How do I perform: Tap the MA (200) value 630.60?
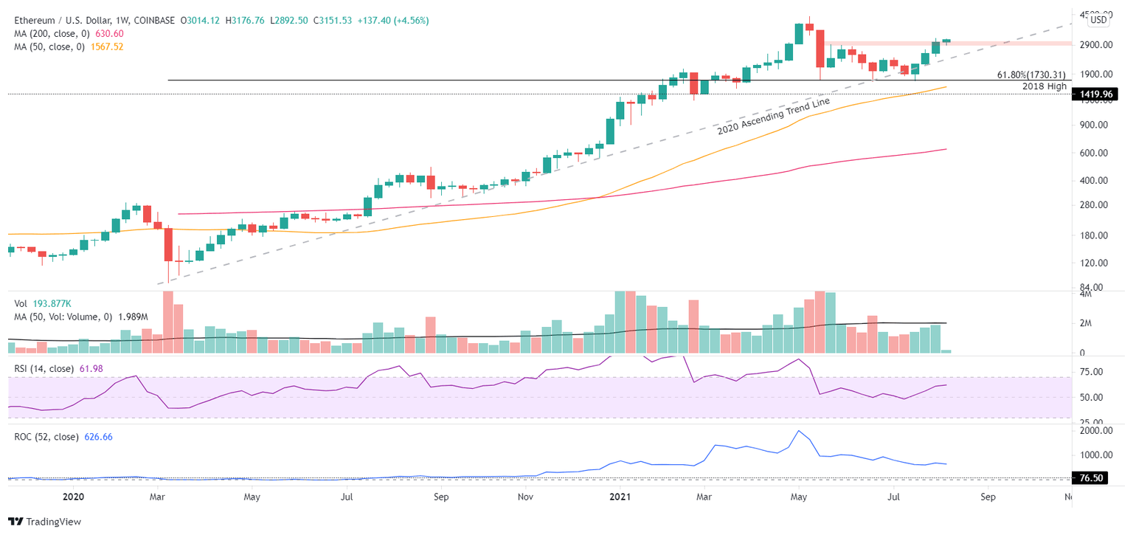coord(108,33)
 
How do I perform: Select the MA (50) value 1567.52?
coord(108,46)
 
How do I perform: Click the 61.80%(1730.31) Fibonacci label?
coord(1031,75)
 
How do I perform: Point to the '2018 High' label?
coord(1044,86)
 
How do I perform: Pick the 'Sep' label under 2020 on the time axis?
coord(441,497)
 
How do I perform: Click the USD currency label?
coord(1098,21)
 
